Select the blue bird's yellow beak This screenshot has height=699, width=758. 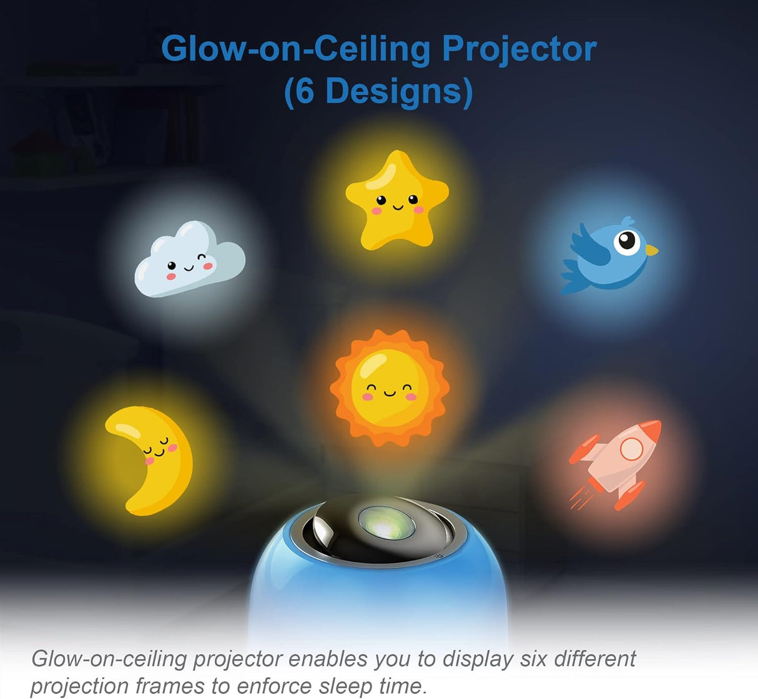click(x=651, y=250)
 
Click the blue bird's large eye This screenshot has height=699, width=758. click(x=628, y=241)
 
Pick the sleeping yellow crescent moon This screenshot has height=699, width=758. click(x=153, y=459)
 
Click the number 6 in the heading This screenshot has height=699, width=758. click(x=304, y=91)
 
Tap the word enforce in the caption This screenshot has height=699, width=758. click(x=273, y=686)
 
